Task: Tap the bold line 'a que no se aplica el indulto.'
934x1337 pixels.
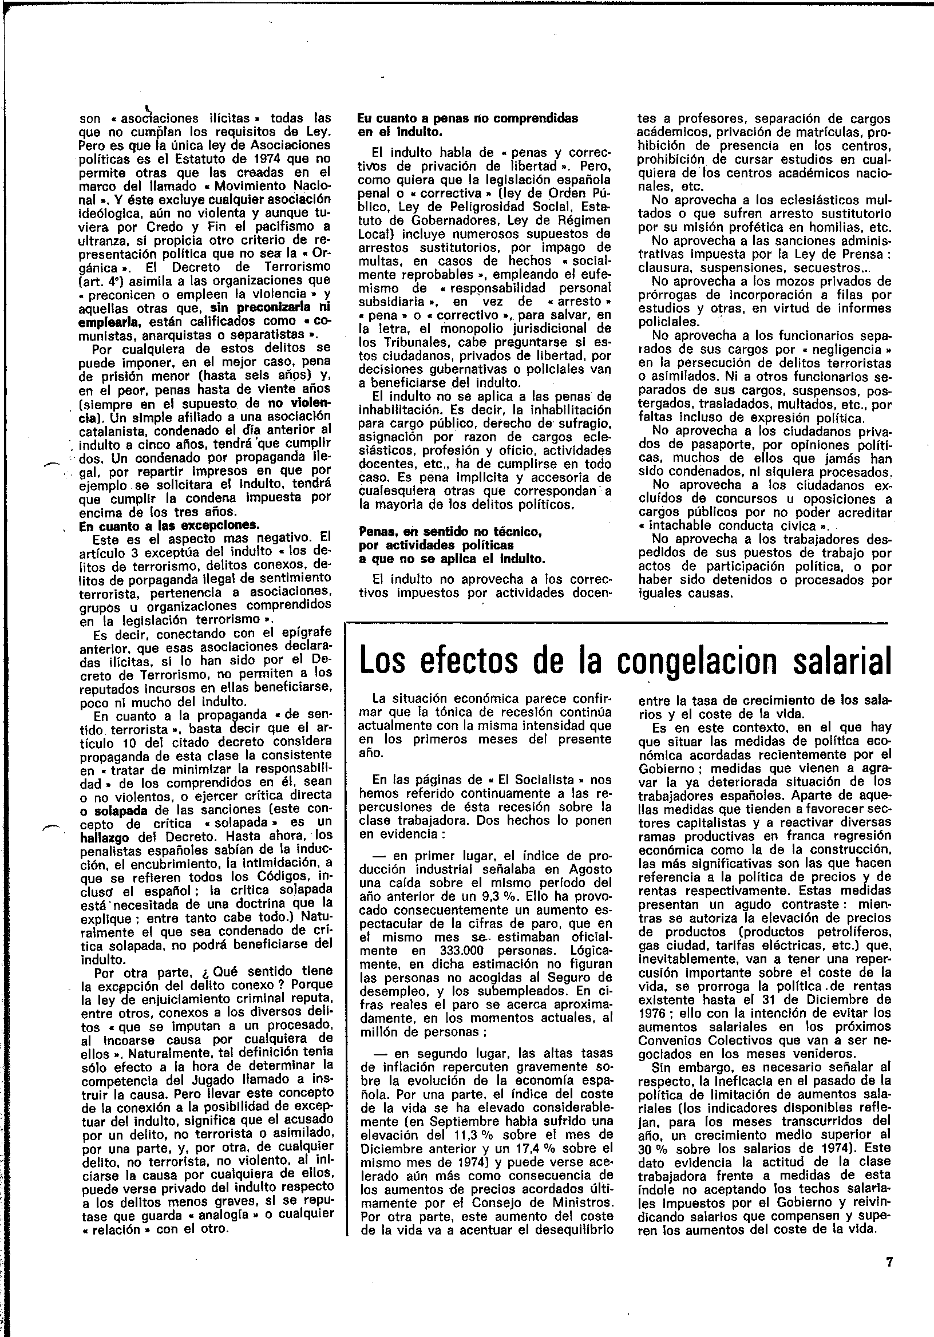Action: (x=452, y=560)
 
